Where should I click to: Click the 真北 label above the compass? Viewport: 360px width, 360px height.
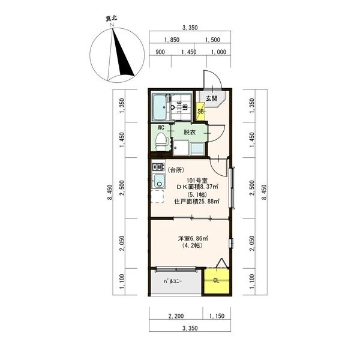click(x=112, y=19)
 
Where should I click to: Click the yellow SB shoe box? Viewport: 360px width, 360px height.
click(x=200, y=112)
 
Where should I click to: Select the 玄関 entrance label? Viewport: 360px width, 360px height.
click(x=211, y=98)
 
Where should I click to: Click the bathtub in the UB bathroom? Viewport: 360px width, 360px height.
click(x=160, y=108)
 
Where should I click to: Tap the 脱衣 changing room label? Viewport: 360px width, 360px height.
click(x=190, y=132)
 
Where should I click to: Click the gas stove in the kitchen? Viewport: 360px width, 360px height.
click(x=158, y=167)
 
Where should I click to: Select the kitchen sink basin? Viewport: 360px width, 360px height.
click(x=159, y=181)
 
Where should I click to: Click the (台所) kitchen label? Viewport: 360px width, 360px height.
click(x=176, y=170)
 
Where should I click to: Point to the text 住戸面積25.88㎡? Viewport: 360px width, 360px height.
click(x=197, y=202)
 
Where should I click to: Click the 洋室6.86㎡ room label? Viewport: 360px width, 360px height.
click(x=193, y=239)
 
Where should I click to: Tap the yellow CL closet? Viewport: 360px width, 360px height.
click(x=217, y=281)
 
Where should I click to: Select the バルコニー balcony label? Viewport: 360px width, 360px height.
click(x=173, y=281)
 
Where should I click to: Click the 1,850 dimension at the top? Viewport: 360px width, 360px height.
click(x=172, y=40)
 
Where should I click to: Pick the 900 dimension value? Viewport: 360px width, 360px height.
click(x=160, y=52)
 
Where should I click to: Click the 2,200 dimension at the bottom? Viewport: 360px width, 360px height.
click(x=176, y=316)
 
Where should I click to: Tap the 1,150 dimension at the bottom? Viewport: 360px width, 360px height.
click(x=217, y=316)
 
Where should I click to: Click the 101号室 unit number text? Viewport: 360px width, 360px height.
click(x=197, y=180)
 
